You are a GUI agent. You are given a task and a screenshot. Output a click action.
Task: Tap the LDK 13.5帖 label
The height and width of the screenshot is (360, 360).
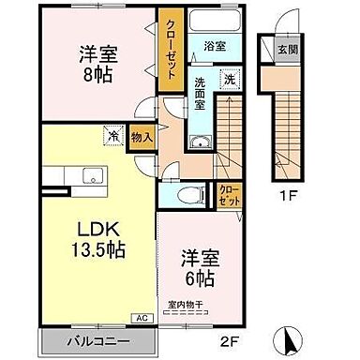coord(93,239)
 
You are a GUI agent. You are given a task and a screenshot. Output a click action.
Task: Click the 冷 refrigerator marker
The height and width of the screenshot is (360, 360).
coord(113,135)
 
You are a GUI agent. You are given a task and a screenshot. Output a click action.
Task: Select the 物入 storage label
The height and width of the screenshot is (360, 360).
coord(142,137)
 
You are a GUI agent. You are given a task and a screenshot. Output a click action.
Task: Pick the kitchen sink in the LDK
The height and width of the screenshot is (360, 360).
coord(93,174)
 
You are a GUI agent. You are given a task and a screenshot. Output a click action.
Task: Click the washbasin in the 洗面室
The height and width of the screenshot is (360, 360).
coord(200,142)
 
